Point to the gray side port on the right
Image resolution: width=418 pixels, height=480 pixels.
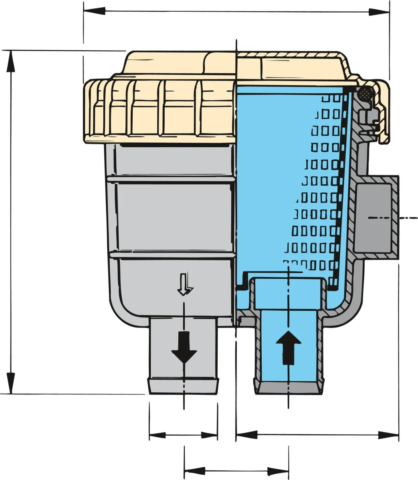click(375, 218)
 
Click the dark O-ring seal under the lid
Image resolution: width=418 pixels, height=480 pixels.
click(365, 94)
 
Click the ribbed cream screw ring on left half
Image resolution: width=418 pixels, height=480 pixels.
click(160, 108)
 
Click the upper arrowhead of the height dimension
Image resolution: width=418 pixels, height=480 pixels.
click(11, 60)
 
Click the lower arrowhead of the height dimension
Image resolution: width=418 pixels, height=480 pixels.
click(11, 384)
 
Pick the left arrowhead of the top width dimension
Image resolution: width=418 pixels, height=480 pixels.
click(94, 11)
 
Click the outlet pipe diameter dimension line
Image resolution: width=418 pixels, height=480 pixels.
click(183, 435)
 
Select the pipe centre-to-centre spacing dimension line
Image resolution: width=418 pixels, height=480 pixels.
click(236, 471)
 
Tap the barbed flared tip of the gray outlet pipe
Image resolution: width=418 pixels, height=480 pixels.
click(184, 386)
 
